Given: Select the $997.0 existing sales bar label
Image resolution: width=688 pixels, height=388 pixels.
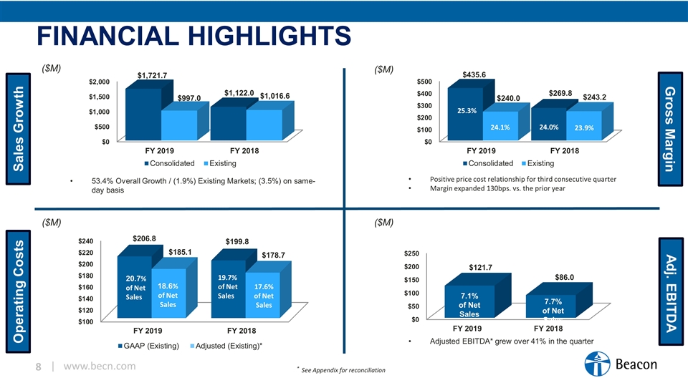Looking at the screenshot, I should (189, 98).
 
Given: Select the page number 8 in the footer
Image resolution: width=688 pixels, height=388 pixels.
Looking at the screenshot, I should (40, 367).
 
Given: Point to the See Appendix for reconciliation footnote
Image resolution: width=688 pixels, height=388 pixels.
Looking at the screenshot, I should (343, 370).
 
